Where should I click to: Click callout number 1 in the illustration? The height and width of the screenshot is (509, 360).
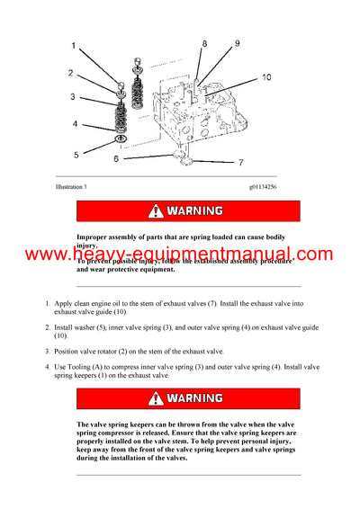tap(74, 43)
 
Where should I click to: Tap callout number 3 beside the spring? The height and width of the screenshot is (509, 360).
tap(74, 96)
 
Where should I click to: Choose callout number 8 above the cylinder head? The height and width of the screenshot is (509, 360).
tap(204, 43)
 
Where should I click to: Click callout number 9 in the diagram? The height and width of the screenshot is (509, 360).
tap(238, 43)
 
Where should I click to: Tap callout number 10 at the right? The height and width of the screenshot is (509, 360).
tap(266, 78)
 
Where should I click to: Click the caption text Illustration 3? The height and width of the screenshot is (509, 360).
tap(71, 186)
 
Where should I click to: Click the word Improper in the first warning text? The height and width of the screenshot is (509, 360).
tap(94, 237)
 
